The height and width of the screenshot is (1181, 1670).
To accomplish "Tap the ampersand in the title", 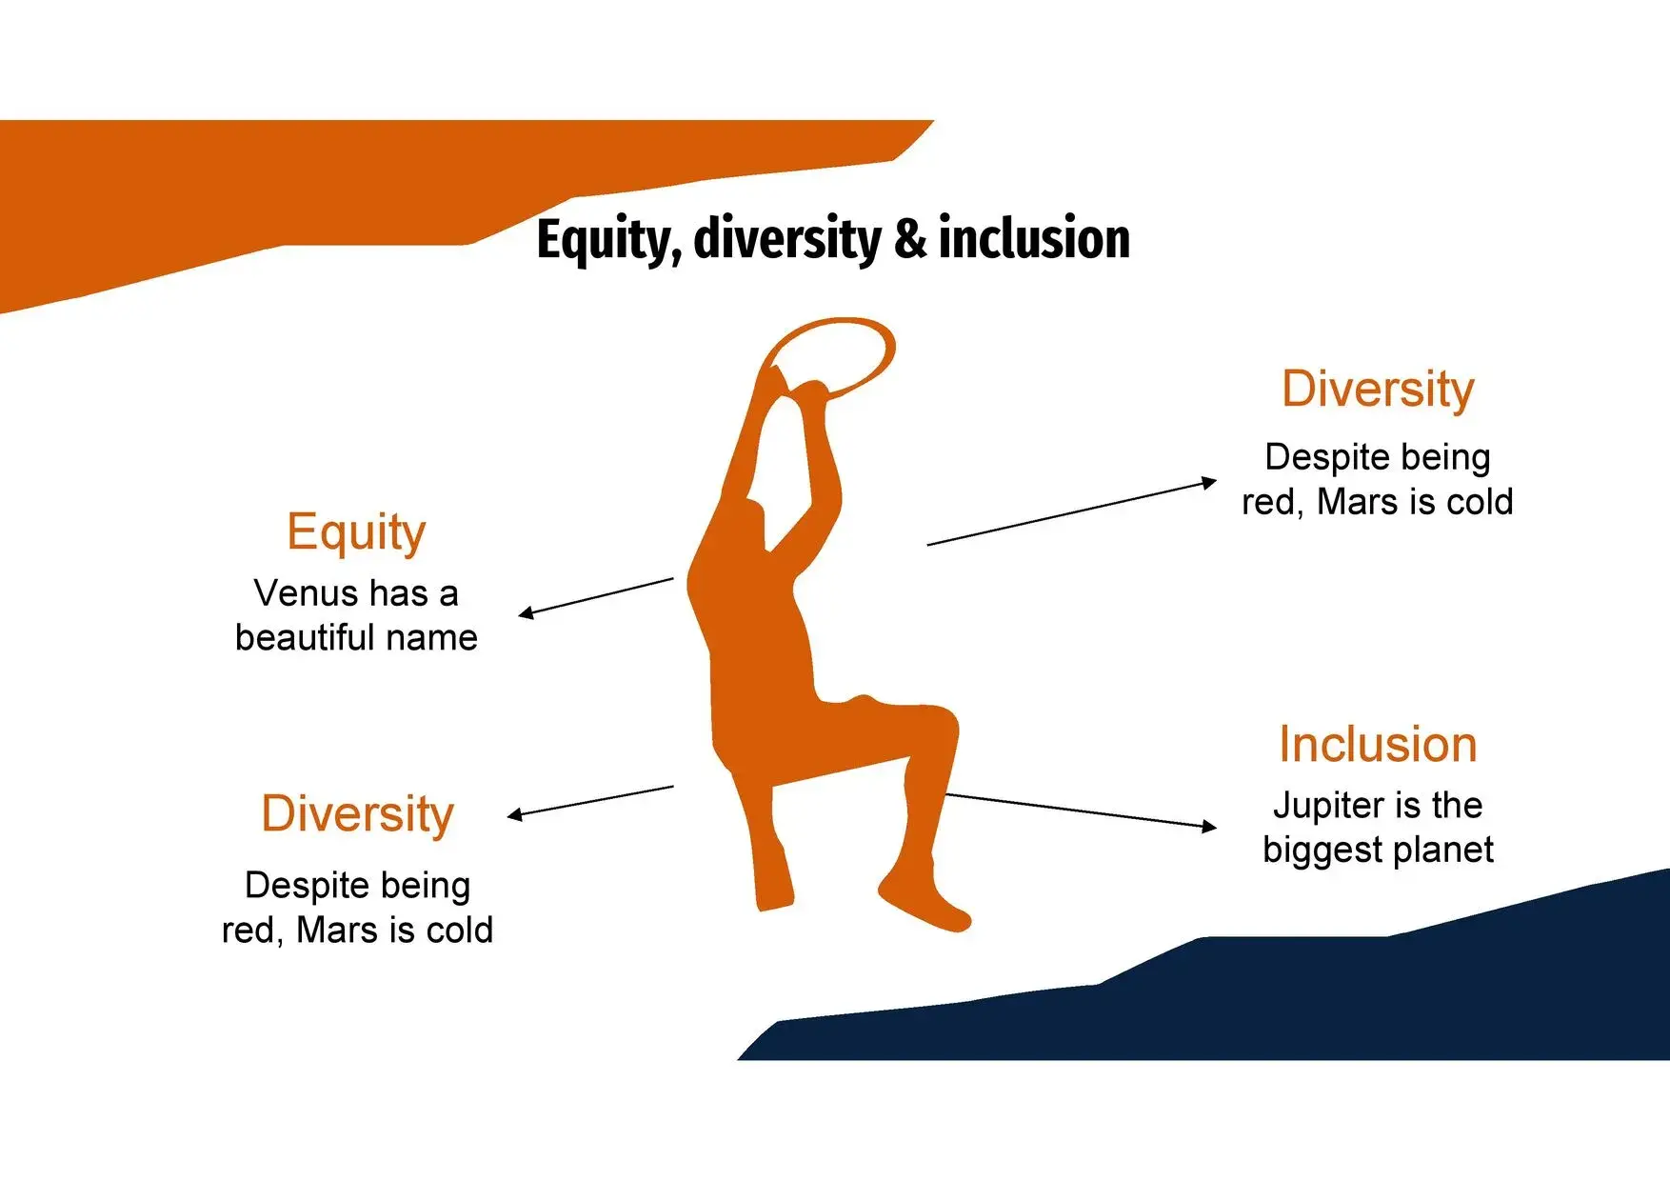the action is click(909, 238).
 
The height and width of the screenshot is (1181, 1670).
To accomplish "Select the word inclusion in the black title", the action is click(1034, 237).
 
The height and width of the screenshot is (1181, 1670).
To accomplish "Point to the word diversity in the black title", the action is click(787, 240).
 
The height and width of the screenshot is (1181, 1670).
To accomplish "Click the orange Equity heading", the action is click(356, 532).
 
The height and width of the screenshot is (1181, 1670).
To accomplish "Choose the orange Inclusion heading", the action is click(1378, 744).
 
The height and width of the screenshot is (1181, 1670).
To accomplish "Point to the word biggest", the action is click(1320, 850).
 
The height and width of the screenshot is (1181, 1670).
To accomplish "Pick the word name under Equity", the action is click(437, 638).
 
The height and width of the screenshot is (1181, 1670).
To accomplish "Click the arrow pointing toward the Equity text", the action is click(596, 597).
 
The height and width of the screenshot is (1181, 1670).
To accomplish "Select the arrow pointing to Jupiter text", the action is click(1081, 811).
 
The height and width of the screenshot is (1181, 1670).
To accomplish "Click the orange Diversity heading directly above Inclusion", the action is click(1378, 390).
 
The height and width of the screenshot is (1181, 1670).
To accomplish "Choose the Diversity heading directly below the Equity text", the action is click(357, 815).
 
